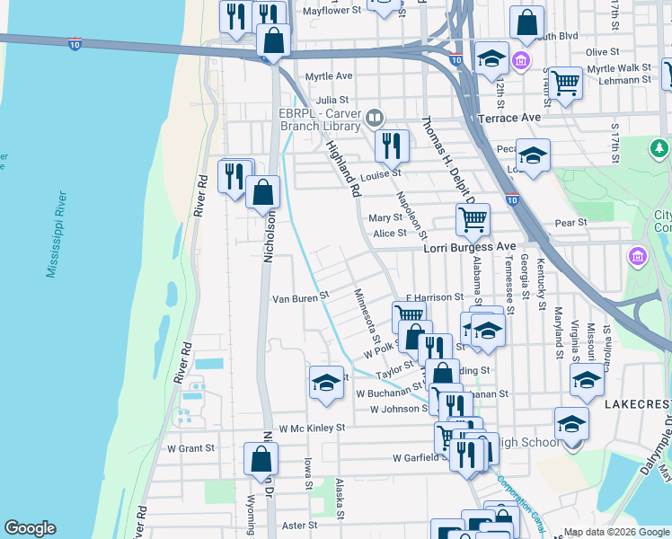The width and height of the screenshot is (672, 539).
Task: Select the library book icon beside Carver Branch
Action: [376, 118]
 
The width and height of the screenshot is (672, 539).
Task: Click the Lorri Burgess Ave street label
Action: [470, 247]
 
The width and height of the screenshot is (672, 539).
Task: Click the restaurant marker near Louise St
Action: [392, 145]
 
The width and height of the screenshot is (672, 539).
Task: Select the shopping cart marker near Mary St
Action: [473, 218]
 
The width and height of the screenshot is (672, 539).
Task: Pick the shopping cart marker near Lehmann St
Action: [566, 84]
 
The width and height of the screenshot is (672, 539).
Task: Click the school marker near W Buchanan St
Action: [326, 383]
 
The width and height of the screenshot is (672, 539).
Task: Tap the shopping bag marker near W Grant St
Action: [261, 458]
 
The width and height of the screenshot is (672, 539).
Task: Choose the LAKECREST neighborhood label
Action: [637, 405]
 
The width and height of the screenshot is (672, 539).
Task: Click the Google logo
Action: [30, 528]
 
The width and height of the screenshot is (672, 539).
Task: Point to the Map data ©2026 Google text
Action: [615, 532]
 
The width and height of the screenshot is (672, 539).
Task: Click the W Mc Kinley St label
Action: [312, 429]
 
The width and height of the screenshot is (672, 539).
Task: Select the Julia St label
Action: [332, 100]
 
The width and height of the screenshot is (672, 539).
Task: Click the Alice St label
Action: [390, 233]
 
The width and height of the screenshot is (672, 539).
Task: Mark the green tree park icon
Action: [660, 147]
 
